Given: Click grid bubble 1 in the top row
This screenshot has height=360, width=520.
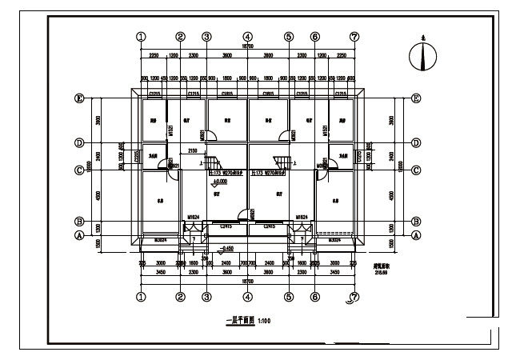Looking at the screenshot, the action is pyautogui.click(x=142, y=37).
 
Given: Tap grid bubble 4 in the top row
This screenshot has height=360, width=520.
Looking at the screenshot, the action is pyautogui.click(x=248, y=37).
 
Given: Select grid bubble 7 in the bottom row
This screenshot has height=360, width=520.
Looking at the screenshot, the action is pyautogui.click(x=354, y=298).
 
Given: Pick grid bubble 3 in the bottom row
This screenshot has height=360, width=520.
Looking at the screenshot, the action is pyautogui.click(x=206, y=297).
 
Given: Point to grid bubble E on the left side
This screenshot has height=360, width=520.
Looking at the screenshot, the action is pyautogui.click(x=79, y=98).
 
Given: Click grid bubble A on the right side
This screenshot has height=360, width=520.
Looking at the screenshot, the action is pyautogui.click(x=417, y=235).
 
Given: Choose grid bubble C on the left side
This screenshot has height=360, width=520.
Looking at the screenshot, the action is pyautogui.click(x=79, y=170).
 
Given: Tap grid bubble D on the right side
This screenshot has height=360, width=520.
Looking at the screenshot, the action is pyautogui.click(x=417, y=143).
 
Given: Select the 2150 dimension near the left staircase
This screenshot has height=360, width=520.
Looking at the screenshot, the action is pyautogui.click(x=193, y=150).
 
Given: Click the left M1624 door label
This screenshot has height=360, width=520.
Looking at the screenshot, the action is pyautogui.click(x=193, y=217).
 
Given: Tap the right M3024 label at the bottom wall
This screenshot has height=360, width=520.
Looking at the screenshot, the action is pyautogui.click(x=334, y=238).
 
